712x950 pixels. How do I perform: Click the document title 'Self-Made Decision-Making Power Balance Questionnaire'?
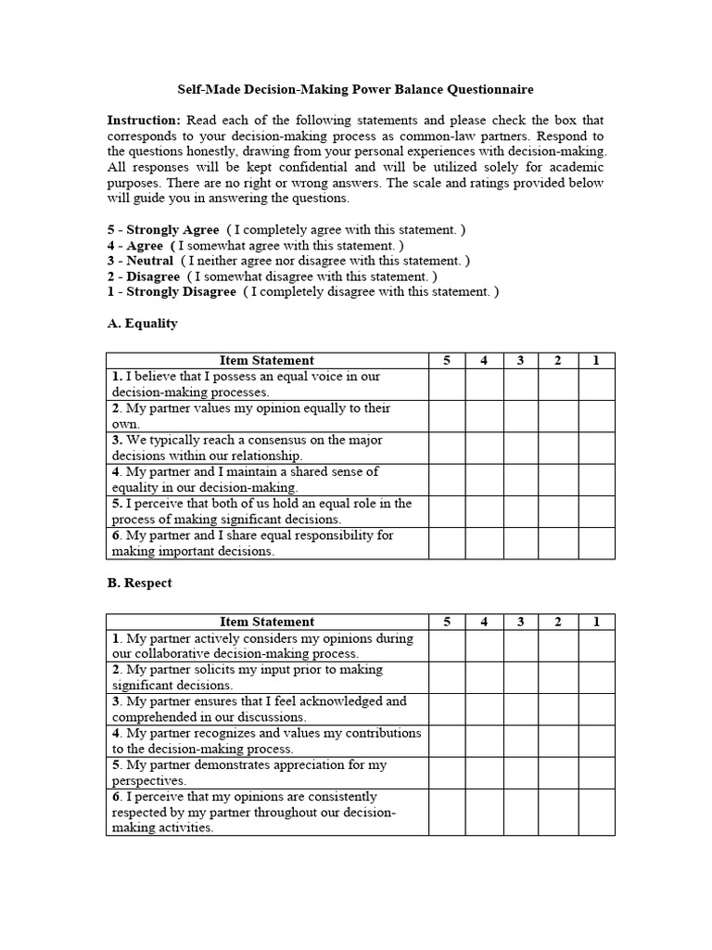(355, 90)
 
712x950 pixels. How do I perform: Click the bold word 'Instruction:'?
(144, 121)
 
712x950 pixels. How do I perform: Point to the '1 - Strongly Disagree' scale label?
(172, 291)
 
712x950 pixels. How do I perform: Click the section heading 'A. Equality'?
(142, 324)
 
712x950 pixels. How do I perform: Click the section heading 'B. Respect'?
(140, 584)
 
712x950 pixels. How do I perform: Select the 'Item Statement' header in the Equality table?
(266, 360)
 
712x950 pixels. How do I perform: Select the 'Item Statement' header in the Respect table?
(266, 622)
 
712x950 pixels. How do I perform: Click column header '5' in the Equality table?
(446, 360)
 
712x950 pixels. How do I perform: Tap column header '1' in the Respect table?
(596, 622)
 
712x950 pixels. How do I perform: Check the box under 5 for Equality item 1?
(446, 384)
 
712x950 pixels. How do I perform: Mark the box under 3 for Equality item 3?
(521, 448)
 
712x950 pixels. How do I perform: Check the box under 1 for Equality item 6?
(596, 543)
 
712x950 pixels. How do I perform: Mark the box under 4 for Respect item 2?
(484, 677)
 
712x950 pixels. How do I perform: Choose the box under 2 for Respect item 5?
(558, 773)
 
